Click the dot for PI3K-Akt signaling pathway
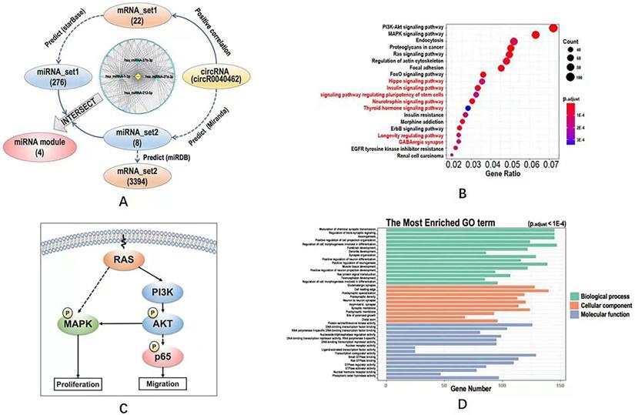click(x=553, y=28)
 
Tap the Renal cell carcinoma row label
click(x=419, y=156)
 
